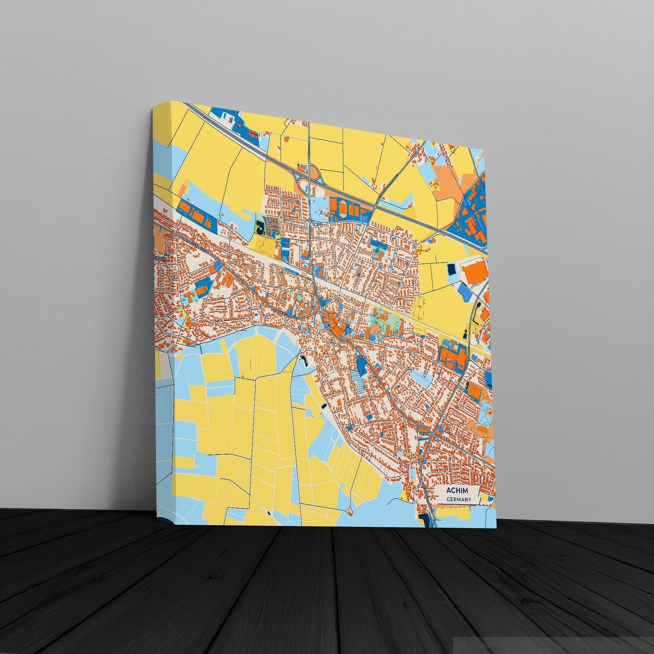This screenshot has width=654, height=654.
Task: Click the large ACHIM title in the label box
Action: (x=457, y=491)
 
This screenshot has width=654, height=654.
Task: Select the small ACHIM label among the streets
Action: (x=360, y=357)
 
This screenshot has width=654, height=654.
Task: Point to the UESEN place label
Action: (x=425, y=433)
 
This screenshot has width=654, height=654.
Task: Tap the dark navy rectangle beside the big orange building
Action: (x=452, y=270)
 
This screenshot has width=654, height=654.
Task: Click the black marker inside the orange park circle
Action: (x=490, y=413)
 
